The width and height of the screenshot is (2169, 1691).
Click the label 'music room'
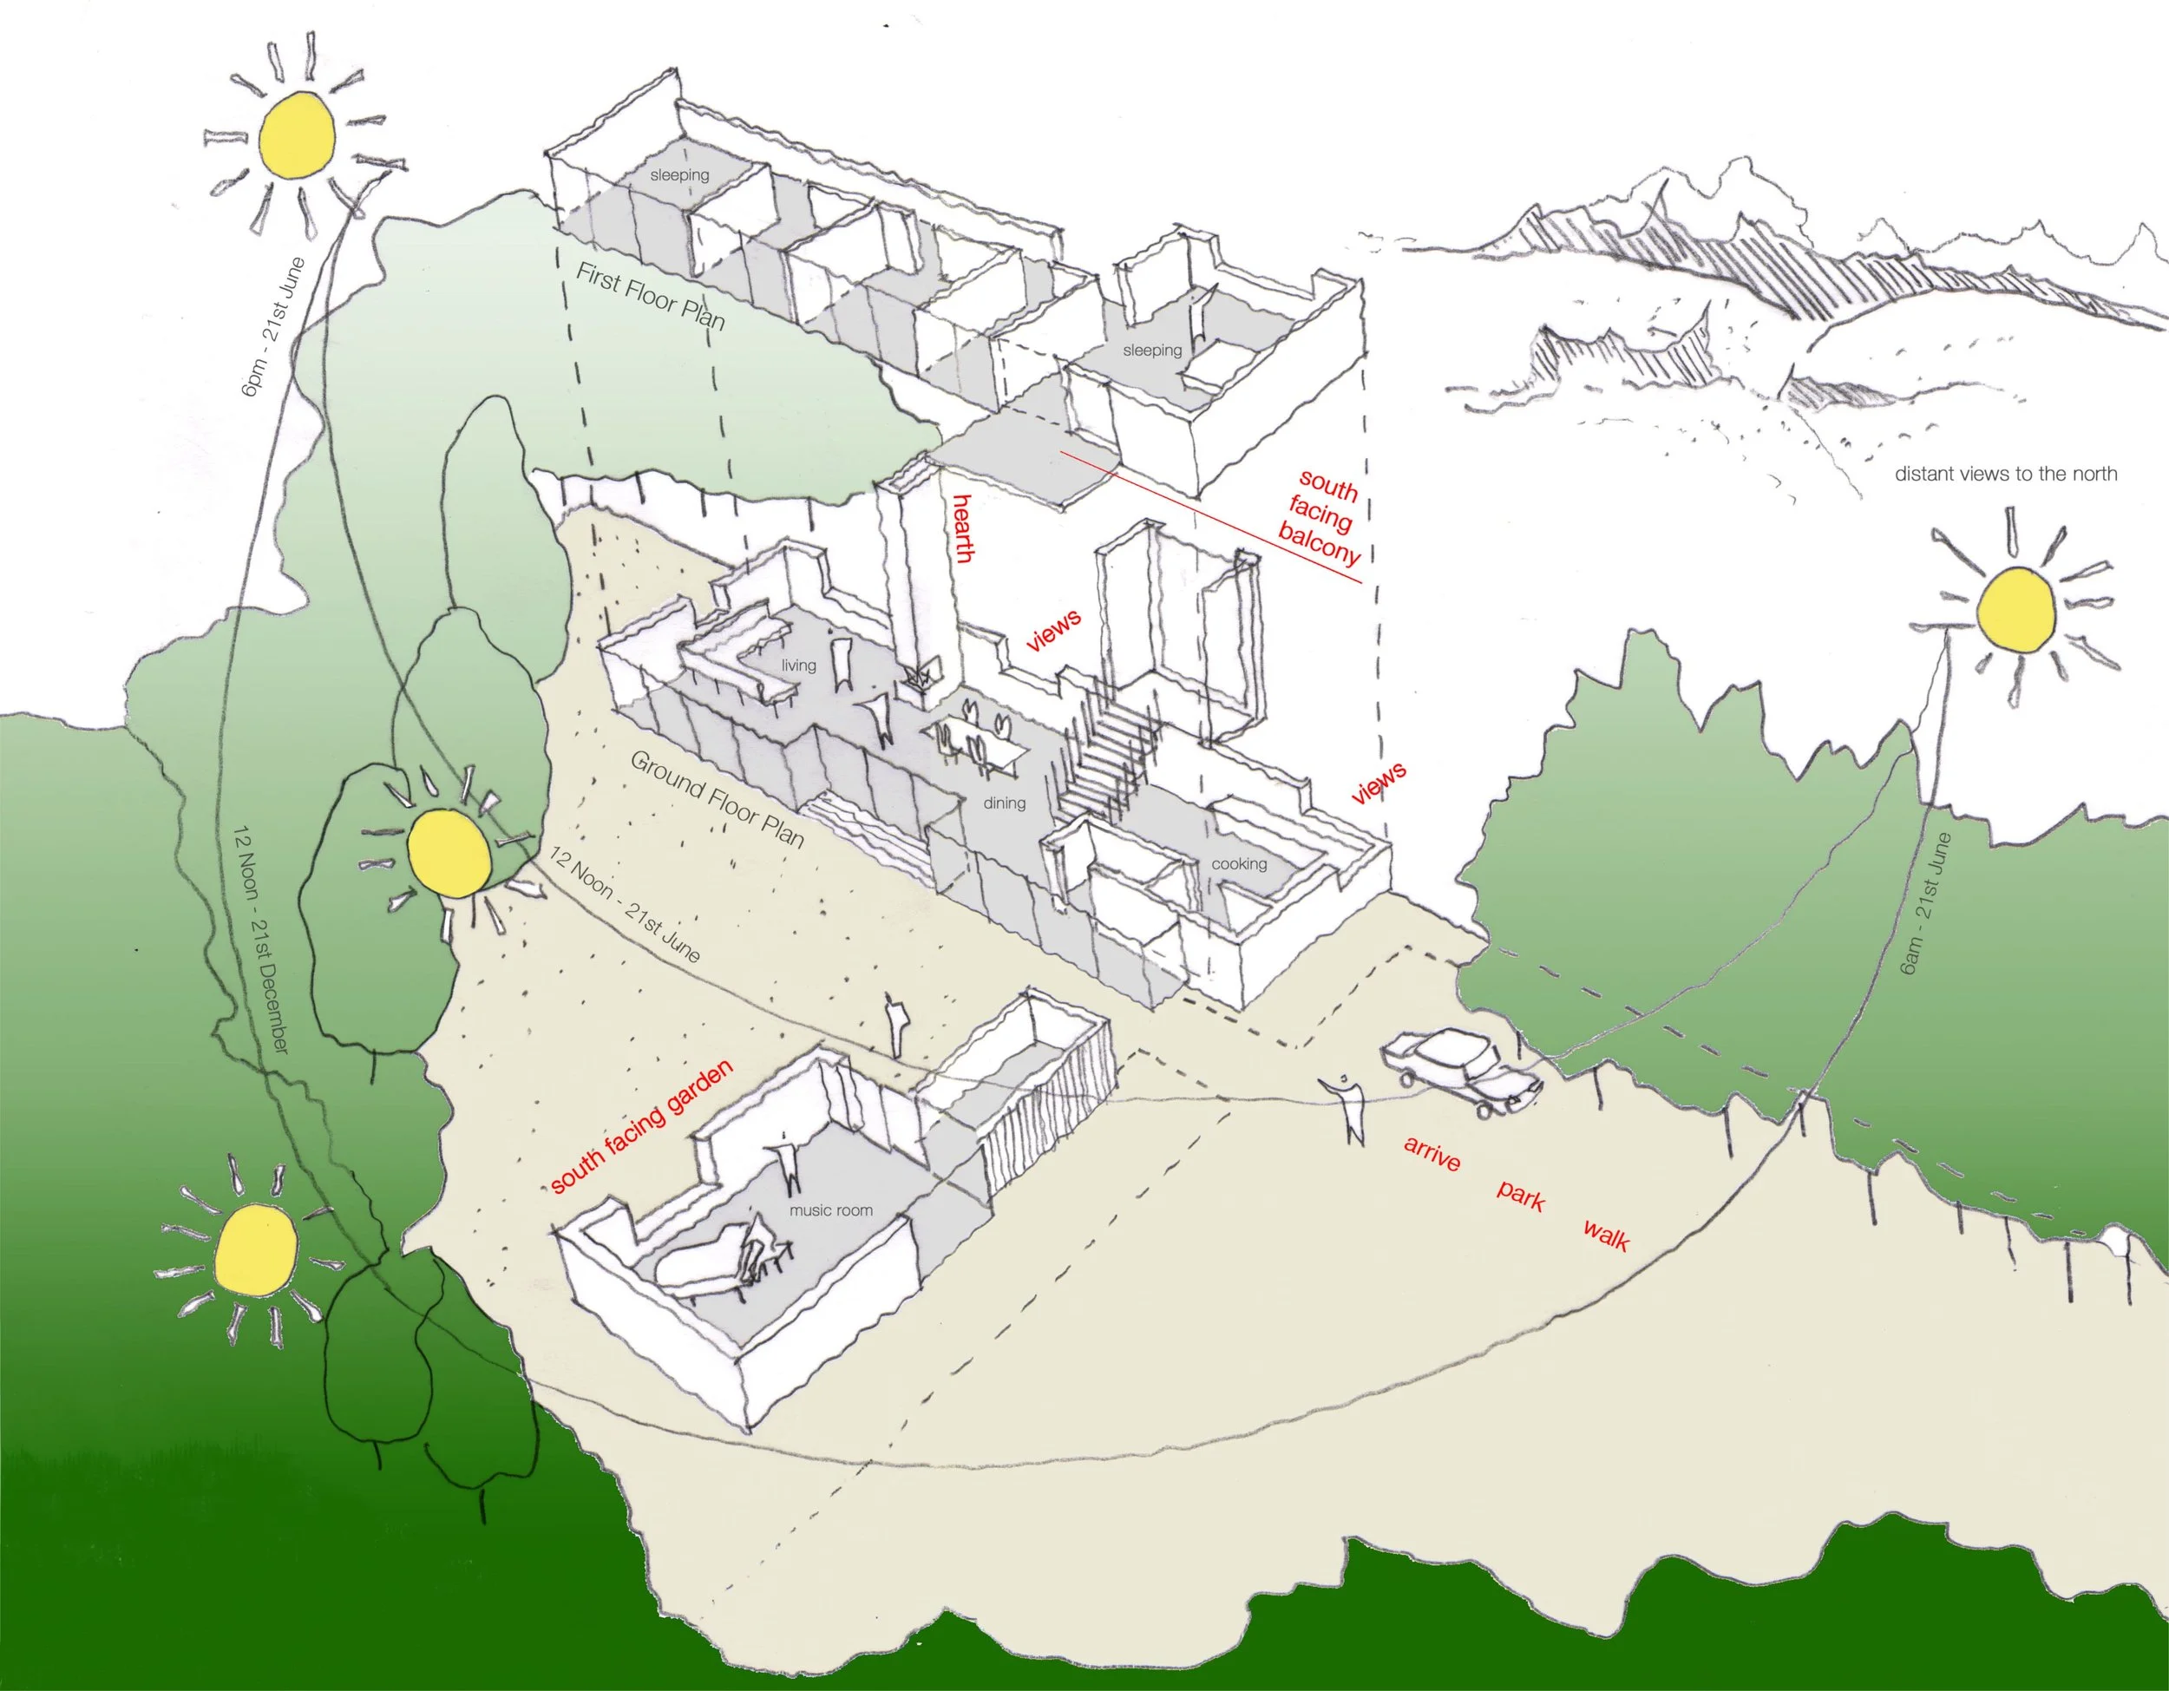coord(830,1210)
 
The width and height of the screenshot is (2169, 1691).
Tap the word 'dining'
coord(1004,803)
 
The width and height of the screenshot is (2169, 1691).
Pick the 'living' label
coord(797,665)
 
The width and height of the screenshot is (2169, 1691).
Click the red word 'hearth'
coord(960,528)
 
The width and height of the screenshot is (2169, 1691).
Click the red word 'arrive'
coord(1431,1153)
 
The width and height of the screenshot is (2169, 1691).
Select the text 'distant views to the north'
coord(2005,475)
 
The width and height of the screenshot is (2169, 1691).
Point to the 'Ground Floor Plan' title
coord(717,798)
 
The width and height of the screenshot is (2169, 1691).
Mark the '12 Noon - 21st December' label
coord(260,940)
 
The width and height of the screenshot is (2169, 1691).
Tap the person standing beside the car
coord(1347,1107)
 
